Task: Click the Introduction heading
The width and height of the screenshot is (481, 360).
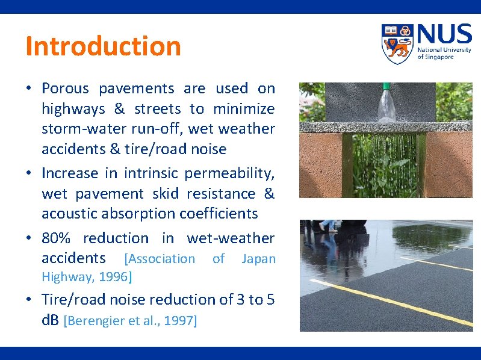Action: coord(103,46)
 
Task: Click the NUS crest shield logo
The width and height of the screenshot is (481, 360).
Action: coord(397,44)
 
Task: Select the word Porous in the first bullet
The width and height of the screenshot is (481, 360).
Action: coord(65,88)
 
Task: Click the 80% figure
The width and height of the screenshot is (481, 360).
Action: coord(57,238)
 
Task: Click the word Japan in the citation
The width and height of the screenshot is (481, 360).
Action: coord(258,259)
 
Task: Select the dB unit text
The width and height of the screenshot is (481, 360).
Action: coord(50,320)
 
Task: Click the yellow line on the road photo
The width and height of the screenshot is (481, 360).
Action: coord(385,300)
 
